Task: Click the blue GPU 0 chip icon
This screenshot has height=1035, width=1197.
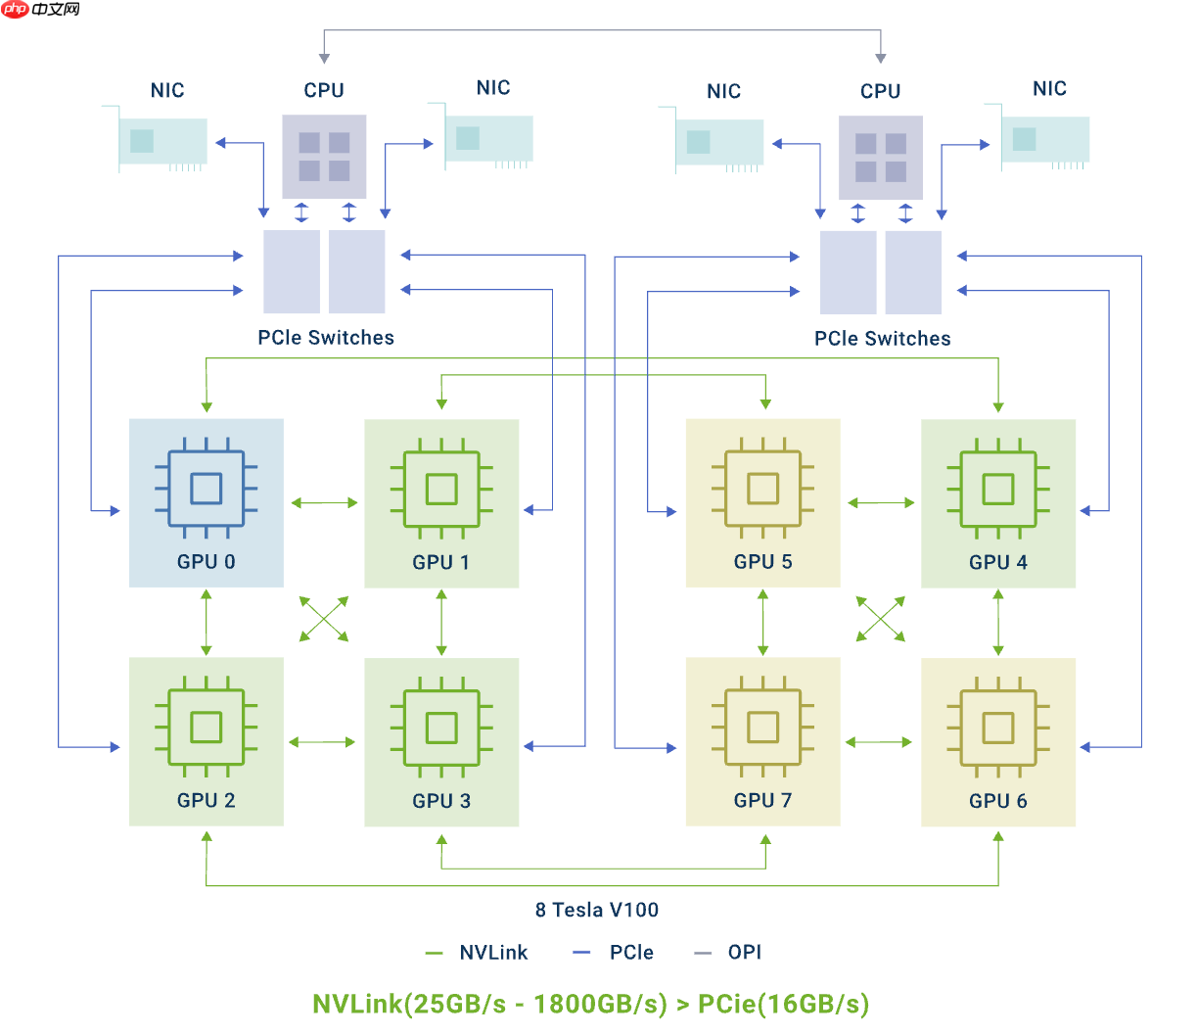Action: tap(206, 489)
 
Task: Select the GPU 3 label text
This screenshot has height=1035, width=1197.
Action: tap(441, 801)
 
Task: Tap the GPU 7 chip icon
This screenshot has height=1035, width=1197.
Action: tap(762, 728)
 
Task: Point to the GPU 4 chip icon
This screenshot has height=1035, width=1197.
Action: tap(997, 489)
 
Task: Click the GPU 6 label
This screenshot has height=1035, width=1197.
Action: tap(997, 801)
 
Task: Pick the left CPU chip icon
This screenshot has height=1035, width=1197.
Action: tap(324, 157)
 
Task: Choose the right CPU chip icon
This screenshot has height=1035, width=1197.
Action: tap(880, 157)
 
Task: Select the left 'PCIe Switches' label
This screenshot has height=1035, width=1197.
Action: tap(326, 338)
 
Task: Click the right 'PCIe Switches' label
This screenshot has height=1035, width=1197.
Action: tap(882, 339)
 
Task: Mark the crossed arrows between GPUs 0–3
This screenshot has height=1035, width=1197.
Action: tap(324, 619)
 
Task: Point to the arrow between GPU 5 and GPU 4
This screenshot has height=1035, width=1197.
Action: tap(881, 503)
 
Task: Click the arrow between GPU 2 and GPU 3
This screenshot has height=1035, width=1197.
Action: tap(323, 742)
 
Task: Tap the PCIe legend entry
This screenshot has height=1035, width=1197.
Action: tap(614, 953)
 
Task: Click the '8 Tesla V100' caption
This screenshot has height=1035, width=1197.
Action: tap(597, 910)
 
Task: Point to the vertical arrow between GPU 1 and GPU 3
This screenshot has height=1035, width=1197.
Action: tap(441, 623)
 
